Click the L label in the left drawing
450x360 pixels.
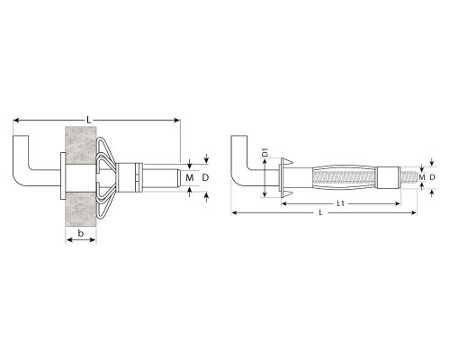click(x=88, y=120)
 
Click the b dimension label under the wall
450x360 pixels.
click(x=80, y=233)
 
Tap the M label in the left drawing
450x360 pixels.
click(x=189, y=178)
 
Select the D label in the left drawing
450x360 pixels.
click(x=205, y=177)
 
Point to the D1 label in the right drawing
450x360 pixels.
click(x=265, y=153)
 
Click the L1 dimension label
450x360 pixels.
click(x=340, y=203)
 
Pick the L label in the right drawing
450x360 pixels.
click(x=320, y=212)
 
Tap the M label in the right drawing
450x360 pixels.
click(x=422, y=177)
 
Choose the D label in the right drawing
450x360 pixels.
click(x=432, y=177)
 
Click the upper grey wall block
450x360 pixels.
click(x=81, y=145)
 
